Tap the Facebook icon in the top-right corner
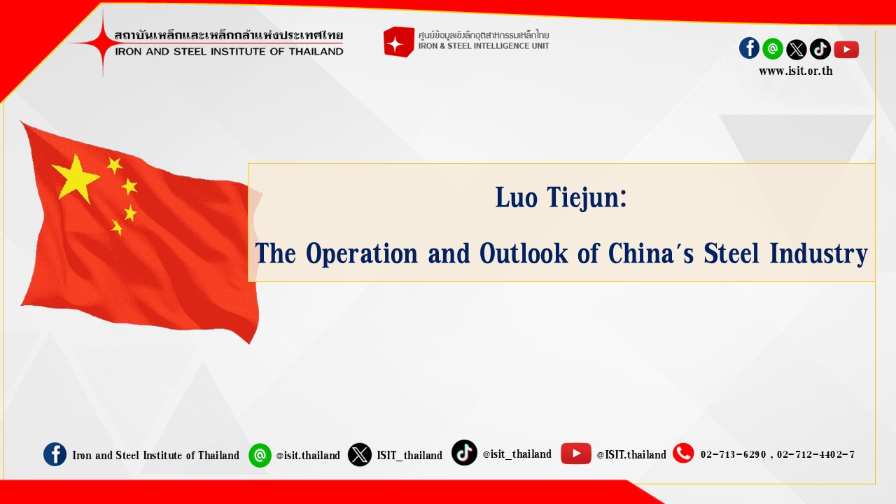click(x=749, y=48)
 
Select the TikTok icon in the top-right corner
click(x=820, y=49)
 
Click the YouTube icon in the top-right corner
click(x=846, y=50)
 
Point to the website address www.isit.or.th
click(x=796, y=71)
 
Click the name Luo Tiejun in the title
click(x=561, y=197)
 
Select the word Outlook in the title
click(x=524, y=253)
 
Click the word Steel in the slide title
click(x=731, y=253)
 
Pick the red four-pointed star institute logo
click(x=102, y=43)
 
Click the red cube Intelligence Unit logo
click(x=398, y=41)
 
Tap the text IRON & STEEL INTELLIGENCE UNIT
click(x=484, y=46)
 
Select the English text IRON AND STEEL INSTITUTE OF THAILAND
click(x=229, y=52)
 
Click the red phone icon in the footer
click(x=683, y=453)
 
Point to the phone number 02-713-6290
click(x=733, y=454)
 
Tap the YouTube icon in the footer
click(x=575, y=453)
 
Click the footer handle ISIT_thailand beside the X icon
click(x=409, y=455)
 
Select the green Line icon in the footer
click(x=260, y=455)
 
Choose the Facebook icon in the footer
click(x=55, y=454)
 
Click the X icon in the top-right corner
click(x=797, y=50)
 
